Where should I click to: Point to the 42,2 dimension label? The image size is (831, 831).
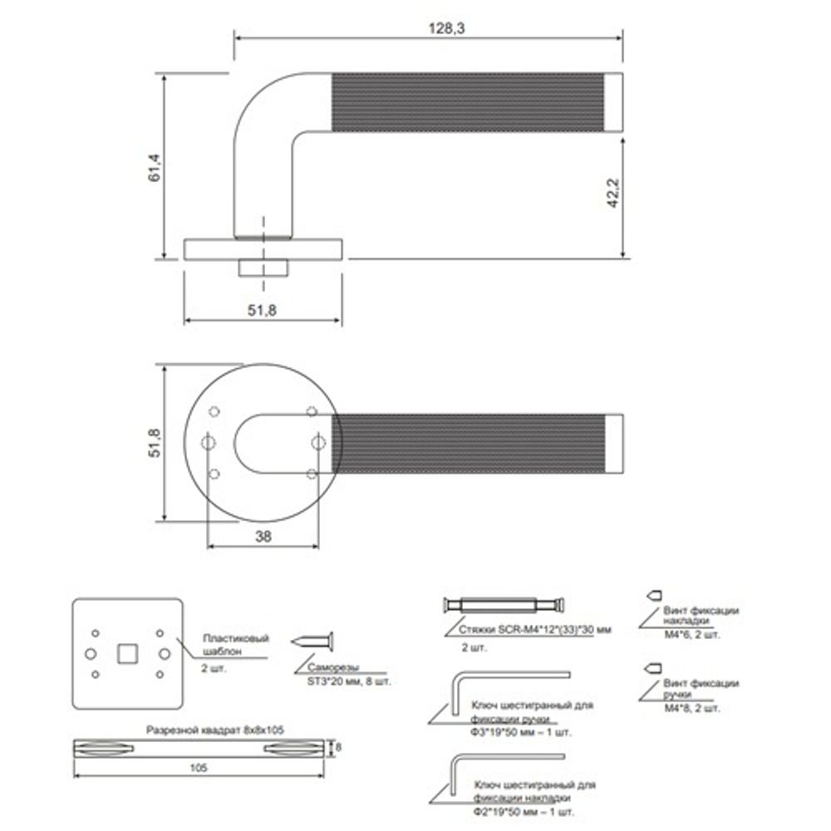(614, 193)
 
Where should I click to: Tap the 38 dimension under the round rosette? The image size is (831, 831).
(263, 537)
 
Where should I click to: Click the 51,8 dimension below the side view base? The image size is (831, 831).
(261, 310)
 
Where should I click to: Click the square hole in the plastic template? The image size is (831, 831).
(127, 653)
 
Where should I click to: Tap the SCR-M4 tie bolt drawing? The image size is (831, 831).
(506, 604)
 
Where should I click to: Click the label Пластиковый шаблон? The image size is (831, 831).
(236, 645)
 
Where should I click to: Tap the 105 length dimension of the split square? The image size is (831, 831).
(197, 769)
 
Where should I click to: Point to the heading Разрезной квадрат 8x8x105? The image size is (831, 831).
(215, 729)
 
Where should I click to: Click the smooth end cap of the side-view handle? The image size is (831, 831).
(615, 101)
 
